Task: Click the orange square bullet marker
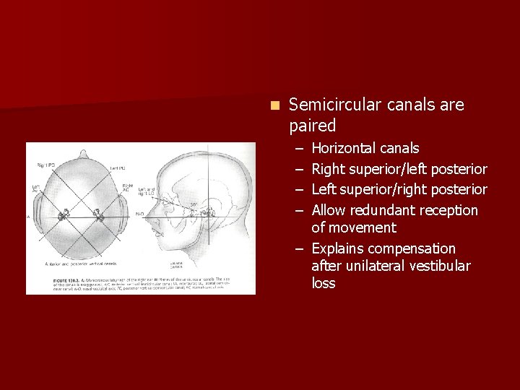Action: tap(274, 105)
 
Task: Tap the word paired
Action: tap(313, 126)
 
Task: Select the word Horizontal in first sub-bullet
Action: tap(343, 149)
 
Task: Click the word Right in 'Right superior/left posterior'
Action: tap(329, 170)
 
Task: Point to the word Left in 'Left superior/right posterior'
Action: tap(324, 190)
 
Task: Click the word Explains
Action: tap(341, 249)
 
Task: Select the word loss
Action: tap(324, 284)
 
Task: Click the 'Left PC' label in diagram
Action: tap(117, 168)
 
